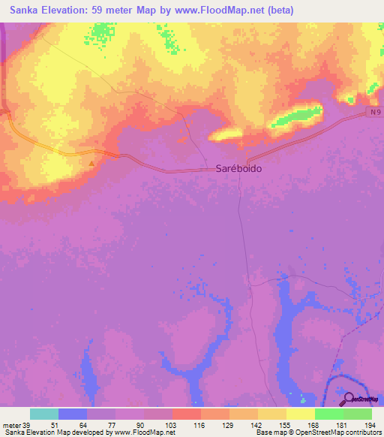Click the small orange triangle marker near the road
tap(92, 162)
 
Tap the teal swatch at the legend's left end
tap(44, 414)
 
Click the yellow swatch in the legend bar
tap(301, 414)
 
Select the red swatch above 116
tap(187, 414)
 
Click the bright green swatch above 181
tap(329, 414)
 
